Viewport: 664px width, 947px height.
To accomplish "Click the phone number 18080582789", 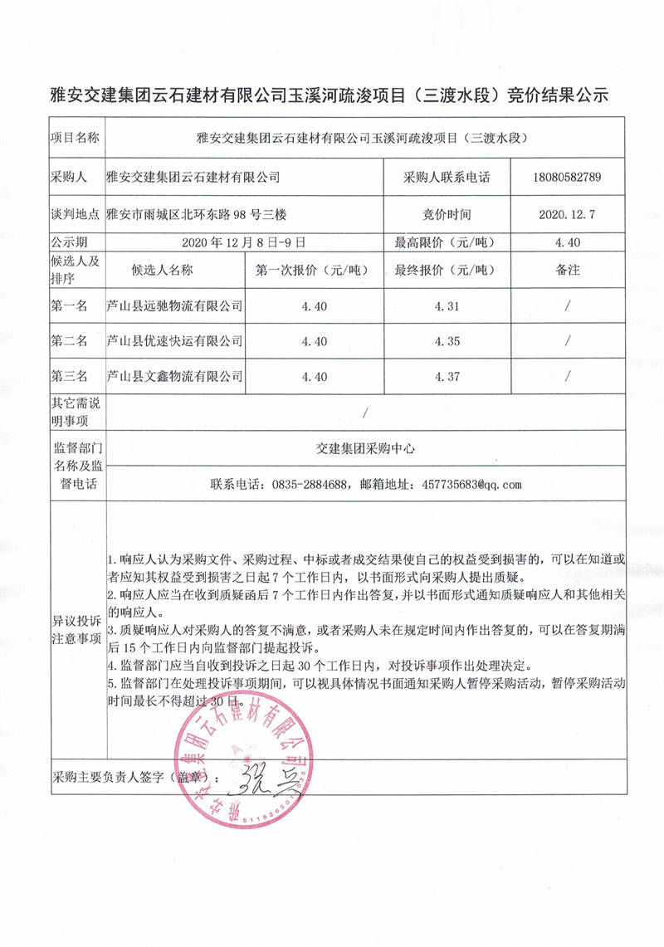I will point(569,177).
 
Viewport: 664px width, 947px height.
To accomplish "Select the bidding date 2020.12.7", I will point(568,214).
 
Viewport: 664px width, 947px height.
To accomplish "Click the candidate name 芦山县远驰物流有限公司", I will point(175,306).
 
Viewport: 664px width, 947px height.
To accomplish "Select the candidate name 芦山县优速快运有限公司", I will point(175,341).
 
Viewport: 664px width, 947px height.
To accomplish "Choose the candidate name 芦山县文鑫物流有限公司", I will point(175,376).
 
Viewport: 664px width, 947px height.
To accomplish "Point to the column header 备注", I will point(568,271).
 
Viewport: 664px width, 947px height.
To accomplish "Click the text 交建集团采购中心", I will point(365,447).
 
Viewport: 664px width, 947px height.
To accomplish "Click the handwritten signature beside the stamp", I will point(257,780).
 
